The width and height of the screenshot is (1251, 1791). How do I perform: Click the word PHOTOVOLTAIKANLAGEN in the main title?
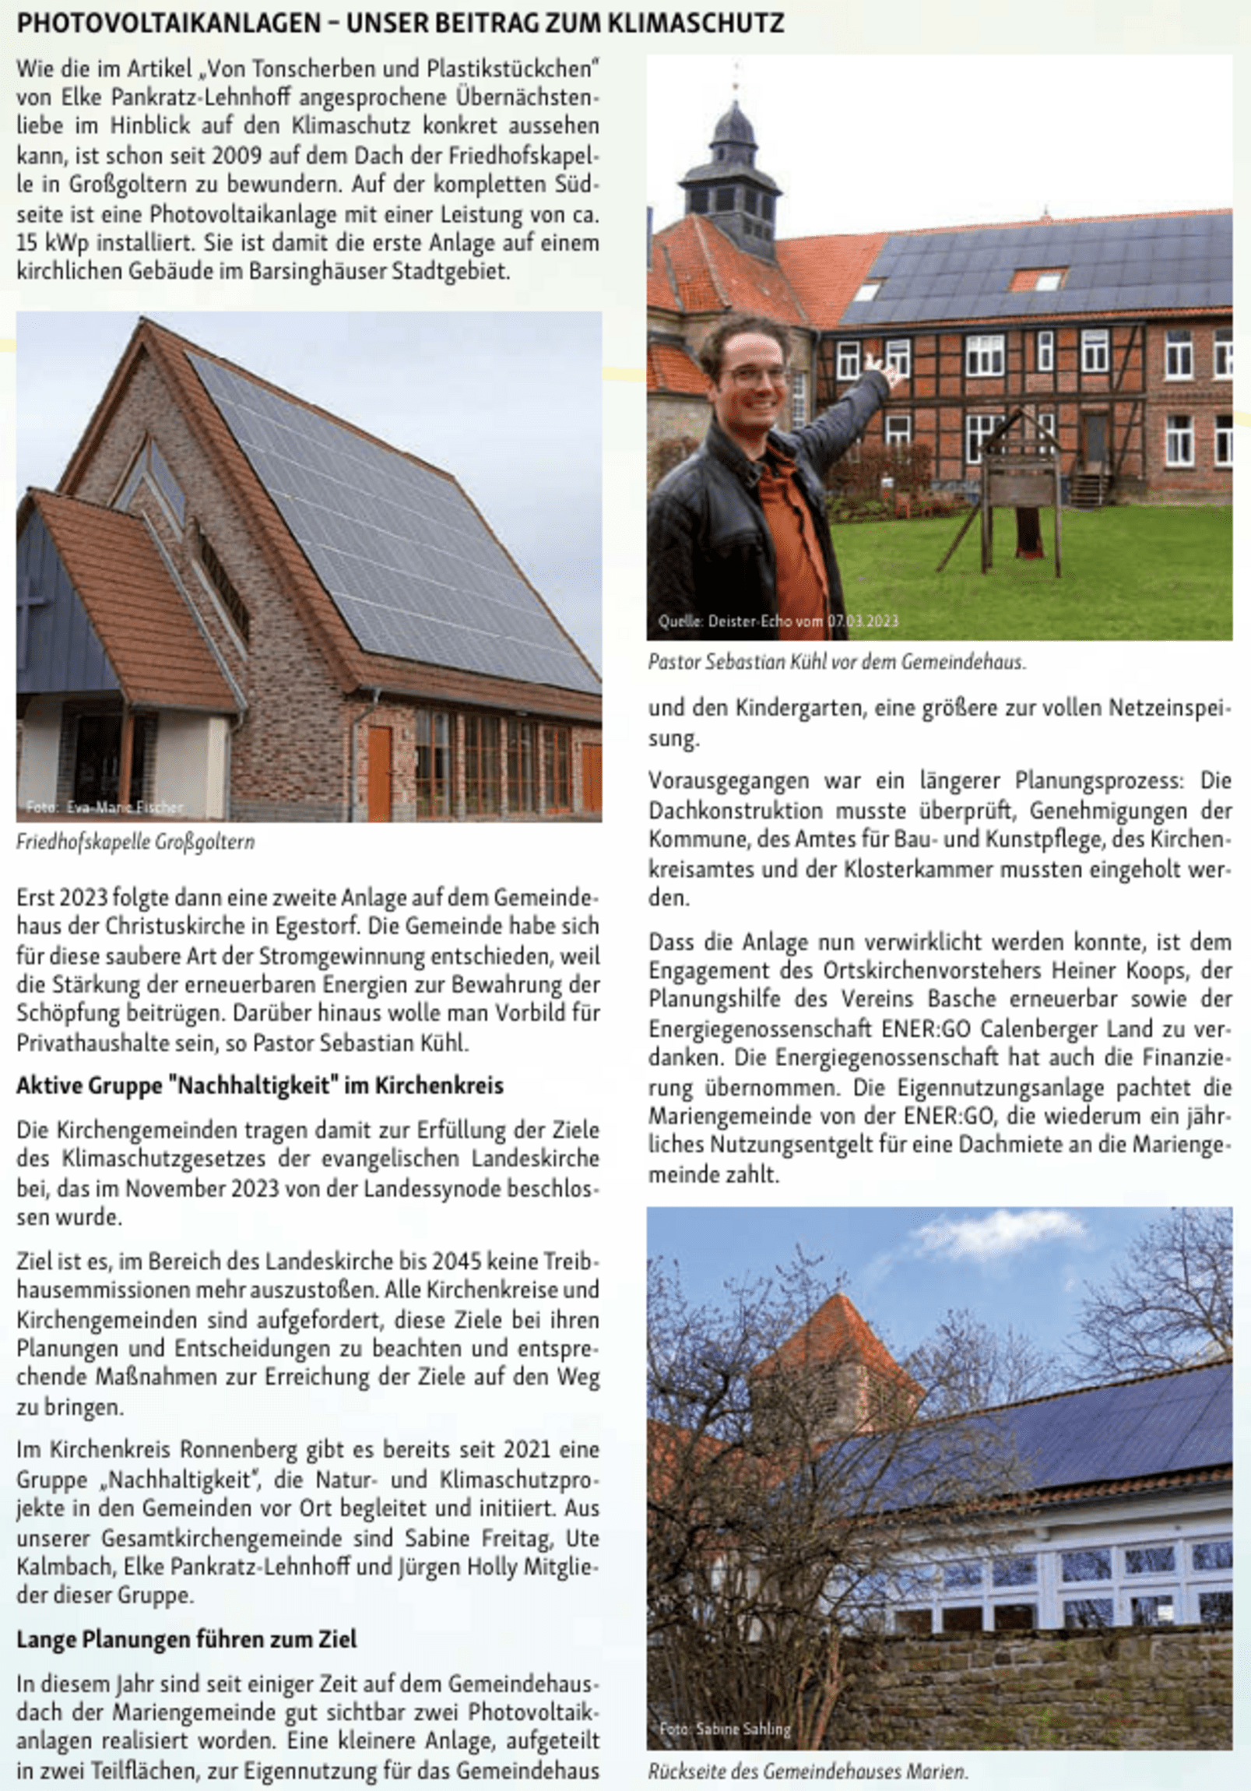[x=168, y=24]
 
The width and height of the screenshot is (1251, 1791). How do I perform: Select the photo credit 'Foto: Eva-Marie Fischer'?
[x=105, y=807]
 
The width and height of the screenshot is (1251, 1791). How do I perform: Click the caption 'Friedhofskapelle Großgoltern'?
[x=135, y=843]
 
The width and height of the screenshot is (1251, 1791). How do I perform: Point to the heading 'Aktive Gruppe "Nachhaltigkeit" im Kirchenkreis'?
[x=260, y=1085]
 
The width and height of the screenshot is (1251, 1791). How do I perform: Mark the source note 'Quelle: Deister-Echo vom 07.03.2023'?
[x=778, y=621]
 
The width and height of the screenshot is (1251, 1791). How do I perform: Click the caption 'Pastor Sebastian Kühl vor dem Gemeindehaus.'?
[x=837, y=662]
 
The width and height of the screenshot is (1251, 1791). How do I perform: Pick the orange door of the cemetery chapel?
[x=379, y=770]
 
